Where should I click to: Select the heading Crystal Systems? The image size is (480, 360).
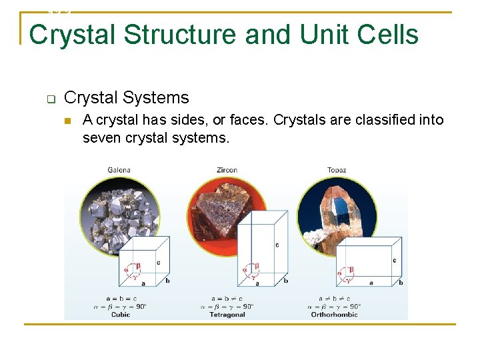click(x=127, y=98)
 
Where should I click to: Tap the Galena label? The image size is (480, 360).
click(x=119, y=171)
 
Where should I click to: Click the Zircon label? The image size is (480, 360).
click(x=227, y=171)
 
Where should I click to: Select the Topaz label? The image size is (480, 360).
click(x=337, y=171)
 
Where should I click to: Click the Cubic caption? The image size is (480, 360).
click(x=121, y=314)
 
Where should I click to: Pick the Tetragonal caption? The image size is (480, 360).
click(x=227, y=314)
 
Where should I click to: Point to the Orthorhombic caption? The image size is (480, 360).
click(x=335, y=314)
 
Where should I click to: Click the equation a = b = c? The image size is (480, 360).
click(x=121, y=298)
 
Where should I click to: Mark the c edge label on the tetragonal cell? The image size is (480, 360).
click(x=277, y=245)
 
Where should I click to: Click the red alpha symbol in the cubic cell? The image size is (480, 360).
click(x=126, y=270)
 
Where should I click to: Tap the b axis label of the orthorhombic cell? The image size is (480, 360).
click(x=401, y=283)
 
